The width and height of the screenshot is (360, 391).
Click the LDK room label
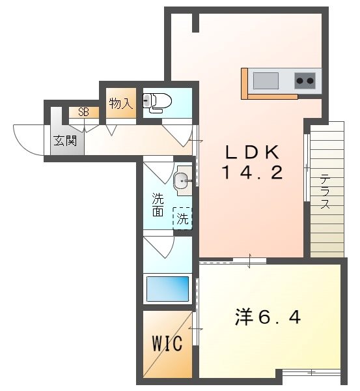pyautogui.click(x=252, y=152)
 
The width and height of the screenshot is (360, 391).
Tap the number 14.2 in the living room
pyautogui.click(x=252, y=173)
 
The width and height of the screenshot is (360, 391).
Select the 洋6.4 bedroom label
pyautogui.click(x=268, y=317)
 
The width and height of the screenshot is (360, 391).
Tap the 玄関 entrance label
pyautogui.click(x=64, y=141)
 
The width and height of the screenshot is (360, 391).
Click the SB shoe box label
pyautogui.click(x=83, y=112)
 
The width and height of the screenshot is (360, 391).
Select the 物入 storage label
pyautogui.click(x=120, y=103)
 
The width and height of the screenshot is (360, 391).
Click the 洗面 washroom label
pyautogui.click(x=158, y=204)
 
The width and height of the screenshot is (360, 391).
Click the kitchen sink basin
pyautogui.click(x=265, y=81)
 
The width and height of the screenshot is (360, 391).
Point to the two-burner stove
pyautogui.click(x=305, y=81)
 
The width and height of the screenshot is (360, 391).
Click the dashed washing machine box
pyautogui.click(x=182, y=218)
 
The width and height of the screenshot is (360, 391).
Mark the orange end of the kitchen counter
pyautogui.click(x=245, y=83)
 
